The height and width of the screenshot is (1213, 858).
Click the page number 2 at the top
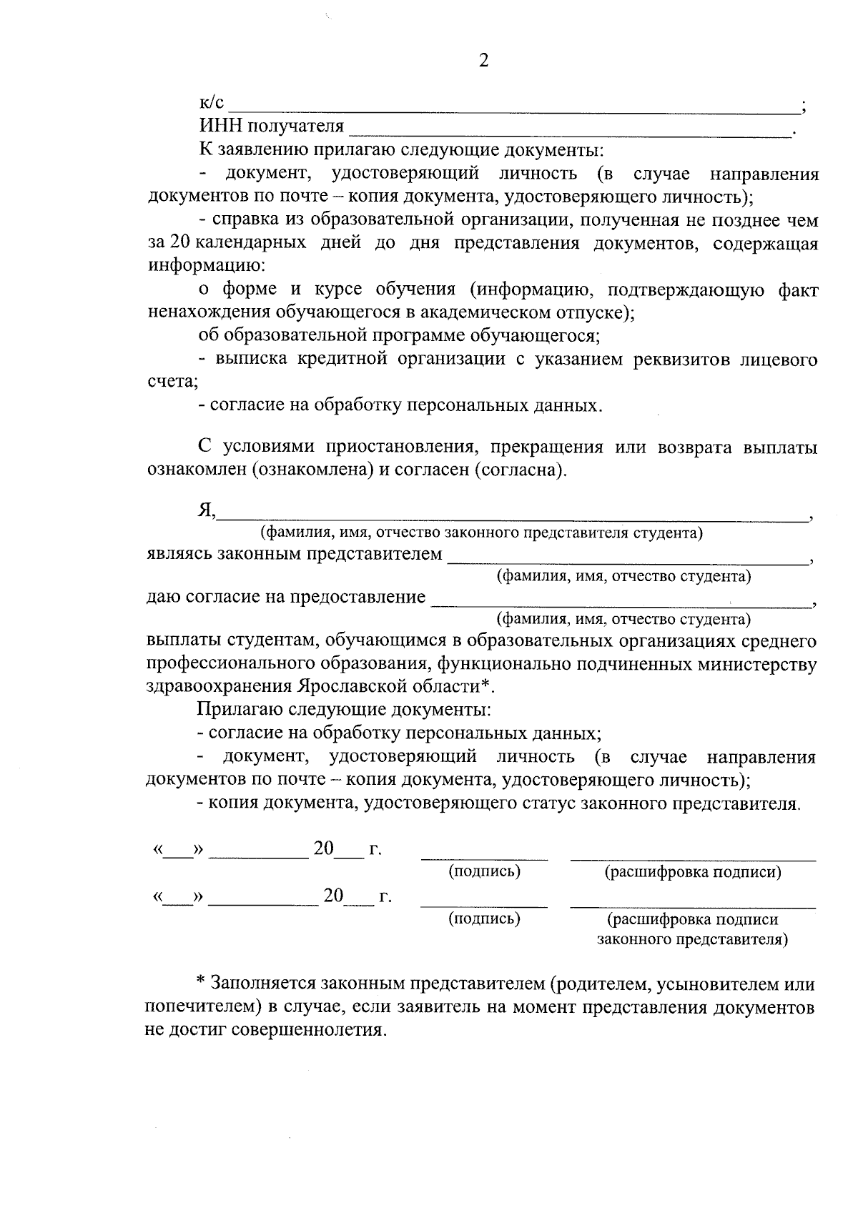484,61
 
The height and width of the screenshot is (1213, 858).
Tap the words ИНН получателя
271,127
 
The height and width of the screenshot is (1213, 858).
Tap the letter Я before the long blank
206,510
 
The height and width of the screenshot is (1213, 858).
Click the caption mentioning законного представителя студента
480,533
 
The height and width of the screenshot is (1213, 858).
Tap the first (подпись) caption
484,871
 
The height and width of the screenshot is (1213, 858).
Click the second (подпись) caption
484,919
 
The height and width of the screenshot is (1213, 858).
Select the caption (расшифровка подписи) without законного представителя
692,872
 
